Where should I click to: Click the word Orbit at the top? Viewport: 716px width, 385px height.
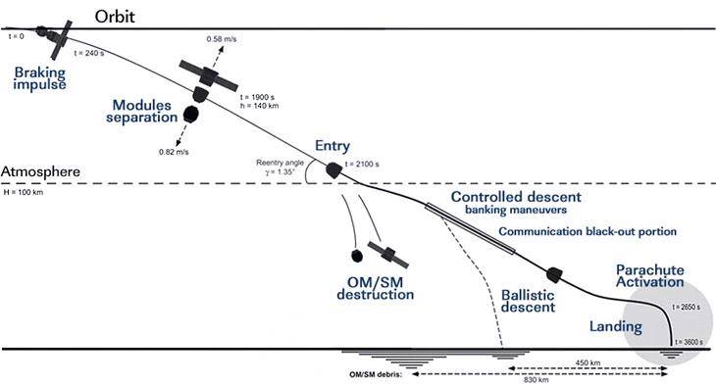(115, 17)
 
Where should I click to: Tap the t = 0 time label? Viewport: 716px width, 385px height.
(16, 36)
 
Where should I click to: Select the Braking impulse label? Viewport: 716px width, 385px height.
(40, 78)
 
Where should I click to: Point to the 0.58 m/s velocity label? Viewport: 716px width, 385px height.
(222, 39)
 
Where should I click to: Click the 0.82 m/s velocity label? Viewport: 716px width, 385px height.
(174, 152)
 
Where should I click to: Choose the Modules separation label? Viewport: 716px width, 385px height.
(142, 111)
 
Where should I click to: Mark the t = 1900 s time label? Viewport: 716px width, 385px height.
(257, 97)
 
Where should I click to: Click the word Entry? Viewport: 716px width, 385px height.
(332, 146)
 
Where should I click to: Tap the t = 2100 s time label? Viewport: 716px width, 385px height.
(362, 165)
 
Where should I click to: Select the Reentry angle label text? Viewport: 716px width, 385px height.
(280, 163)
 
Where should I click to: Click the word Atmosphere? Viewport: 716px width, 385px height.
(40, 172)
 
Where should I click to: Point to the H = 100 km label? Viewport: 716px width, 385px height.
(24, 192)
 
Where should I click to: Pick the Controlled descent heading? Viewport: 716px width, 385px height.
(516, 197)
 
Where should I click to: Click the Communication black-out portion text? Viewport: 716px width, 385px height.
(588, 231)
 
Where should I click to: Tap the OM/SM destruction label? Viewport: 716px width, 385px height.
(376, 288)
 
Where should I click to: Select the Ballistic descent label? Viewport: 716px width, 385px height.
(528, 301)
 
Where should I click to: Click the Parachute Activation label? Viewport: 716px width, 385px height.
(649, 276)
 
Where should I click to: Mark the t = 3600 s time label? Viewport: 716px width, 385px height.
(690, 342)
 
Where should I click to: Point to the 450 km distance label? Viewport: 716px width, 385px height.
(588, 363)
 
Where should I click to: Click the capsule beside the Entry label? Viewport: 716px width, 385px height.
(334, 170)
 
